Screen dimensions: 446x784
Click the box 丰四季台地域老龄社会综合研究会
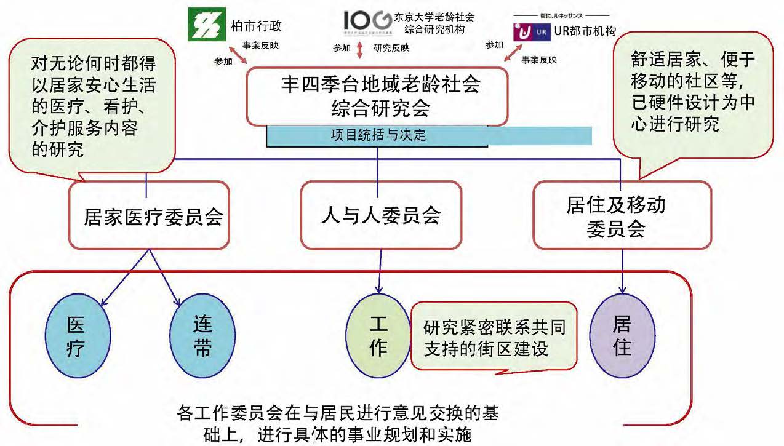(378, 95)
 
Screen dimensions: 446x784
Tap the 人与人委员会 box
(380, 215)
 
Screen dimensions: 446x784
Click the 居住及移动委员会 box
(621, 215)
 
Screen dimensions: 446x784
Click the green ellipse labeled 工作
(378, 338)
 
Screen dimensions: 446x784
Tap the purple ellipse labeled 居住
(622, 335)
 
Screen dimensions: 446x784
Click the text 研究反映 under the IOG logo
(391, 48)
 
